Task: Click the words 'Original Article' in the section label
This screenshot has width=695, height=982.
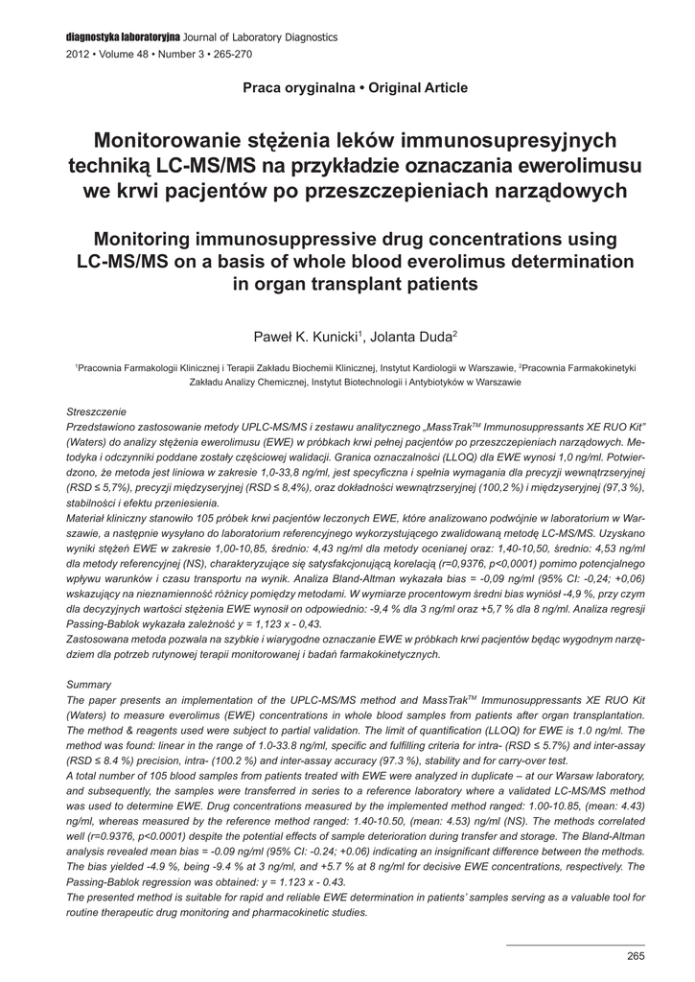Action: [417, 88]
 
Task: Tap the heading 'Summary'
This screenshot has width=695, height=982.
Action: [89, 685]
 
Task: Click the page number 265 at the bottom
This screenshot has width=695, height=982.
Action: [636, 956]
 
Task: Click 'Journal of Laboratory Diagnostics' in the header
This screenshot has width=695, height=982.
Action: [261, 36]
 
